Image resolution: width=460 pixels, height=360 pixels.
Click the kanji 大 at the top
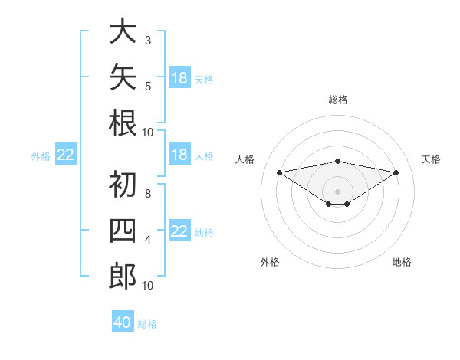(x=123, y=31)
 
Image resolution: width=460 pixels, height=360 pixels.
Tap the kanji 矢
(x=123, y=77)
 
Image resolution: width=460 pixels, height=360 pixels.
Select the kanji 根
(x=123, y=123)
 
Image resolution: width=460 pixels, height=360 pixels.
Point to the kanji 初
(x=123, y=184)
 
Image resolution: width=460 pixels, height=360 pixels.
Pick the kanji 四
(x=123, y=231)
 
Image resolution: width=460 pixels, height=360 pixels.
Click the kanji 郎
(x=123, y=277)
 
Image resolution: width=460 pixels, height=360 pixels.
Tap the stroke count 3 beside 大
(x=148, y=41)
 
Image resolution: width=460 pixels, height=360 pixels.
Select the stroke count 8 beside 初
(x=148, y=194)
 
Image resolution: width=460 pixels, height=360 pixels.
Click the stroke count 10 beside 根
(x=147, y=133)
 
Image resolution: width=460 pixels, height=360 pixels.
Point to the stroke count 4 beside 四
(x=148, y=240)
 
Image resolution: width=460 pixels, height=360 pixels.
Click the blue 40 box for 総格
(x=123, y=321)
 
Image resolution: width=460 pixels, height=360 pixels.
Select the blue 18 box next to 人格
(x=179, y=154)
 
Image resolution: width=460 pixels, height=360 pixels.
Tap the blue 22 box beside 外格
(x=66, y=154)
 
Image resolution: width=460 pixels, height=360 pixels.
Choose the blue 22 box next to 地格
(x=179, y=230)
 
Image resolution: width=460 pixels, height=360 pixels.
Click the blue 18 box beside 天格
(x=179, y=77)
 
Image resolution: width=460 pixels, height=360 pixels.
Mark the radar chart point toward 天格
(x=396, y=172)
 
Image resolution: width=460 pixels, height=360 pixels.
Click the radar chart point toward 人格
(x=279, y=172)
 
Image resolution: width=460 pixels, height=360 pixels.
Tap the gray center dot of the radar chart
(x=337, y=191)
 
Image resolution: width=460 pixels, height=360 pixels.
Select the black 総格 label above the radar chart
(x=338, y=100)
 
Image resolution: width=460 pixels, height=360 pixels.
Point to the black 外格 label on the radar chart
(x=270, y=262)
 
